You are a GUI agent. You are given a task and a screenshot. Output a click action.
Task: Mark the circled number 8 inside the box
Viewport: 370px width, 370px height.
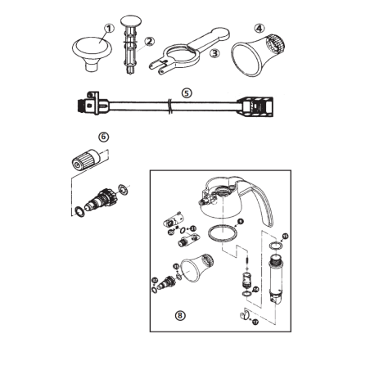180,314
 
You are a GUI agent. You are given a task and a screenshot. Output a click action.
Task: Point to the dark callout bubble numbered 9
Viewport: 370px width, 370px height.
240,221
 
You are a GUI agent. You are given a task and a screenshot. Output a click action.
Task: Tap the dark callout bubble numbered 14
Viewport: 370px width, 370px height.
255,290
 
